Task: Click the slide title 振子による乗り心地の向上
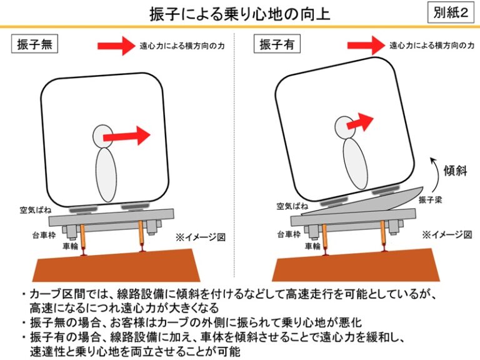coord(240,13)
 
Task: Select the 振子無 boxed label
coord(35,45)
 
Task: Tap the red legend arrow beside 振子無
coord(117,45)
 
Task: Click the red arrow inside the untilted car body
coord(127,135)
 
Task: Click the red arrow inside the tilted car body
coord(361,121)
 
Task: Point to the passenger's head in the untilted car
coord(103,135)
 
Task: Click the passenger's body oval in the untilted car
coord(106,174)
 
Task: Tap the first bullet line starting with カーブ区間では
coord(231,294)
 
